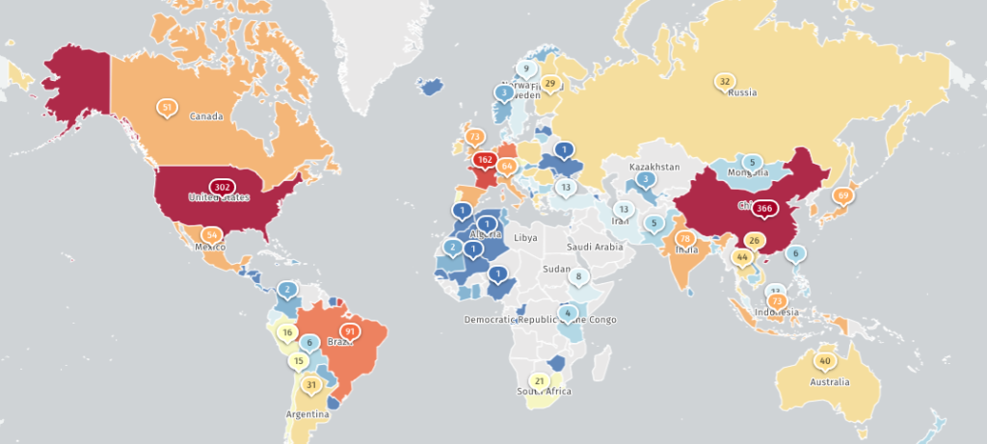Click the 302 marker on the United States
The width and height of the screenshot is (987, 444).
click(x=222, y=186)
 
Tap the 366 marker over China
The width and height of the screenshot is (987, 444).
click(x=765, y=208)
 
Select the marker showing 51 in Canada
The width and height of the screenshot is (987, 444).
click(x=168, y=107)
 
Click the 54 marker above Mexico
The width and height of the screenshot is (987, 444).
click(x=211, y=234)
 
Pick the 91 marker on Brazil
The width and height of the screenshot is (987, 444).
click(x=349, y=331)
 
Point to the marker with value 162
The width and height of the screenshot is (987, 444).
click(x=486, y=159)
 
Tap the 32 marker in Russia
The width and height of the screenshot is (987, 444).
click(x=725, y=81)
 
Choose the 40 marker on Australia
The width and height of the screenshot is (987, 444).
click(x=824, y=361)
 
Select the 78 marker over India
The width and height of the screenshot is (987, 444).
click(x=685, y=238)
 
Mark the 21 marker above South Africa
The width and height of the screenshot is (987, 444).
click(x=540, y=380)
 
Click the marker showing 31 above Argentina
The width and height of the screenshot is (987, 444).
click(x=310, y=384)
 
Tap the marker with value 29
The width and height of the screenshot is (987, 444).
click(x=550, y=84)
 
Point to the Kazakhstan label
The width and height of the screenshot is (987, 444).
click(x=654, y=167)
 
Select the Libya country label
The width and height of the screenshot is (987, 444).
click(x=526, y=237)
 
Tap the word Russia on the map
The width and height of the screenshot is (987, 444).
click(x=742, y=92)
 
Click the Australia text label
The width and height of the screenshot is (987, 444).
click(x=830, y=381)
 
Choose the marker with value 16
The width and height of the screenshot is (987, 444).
click(x=286, y=333)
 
